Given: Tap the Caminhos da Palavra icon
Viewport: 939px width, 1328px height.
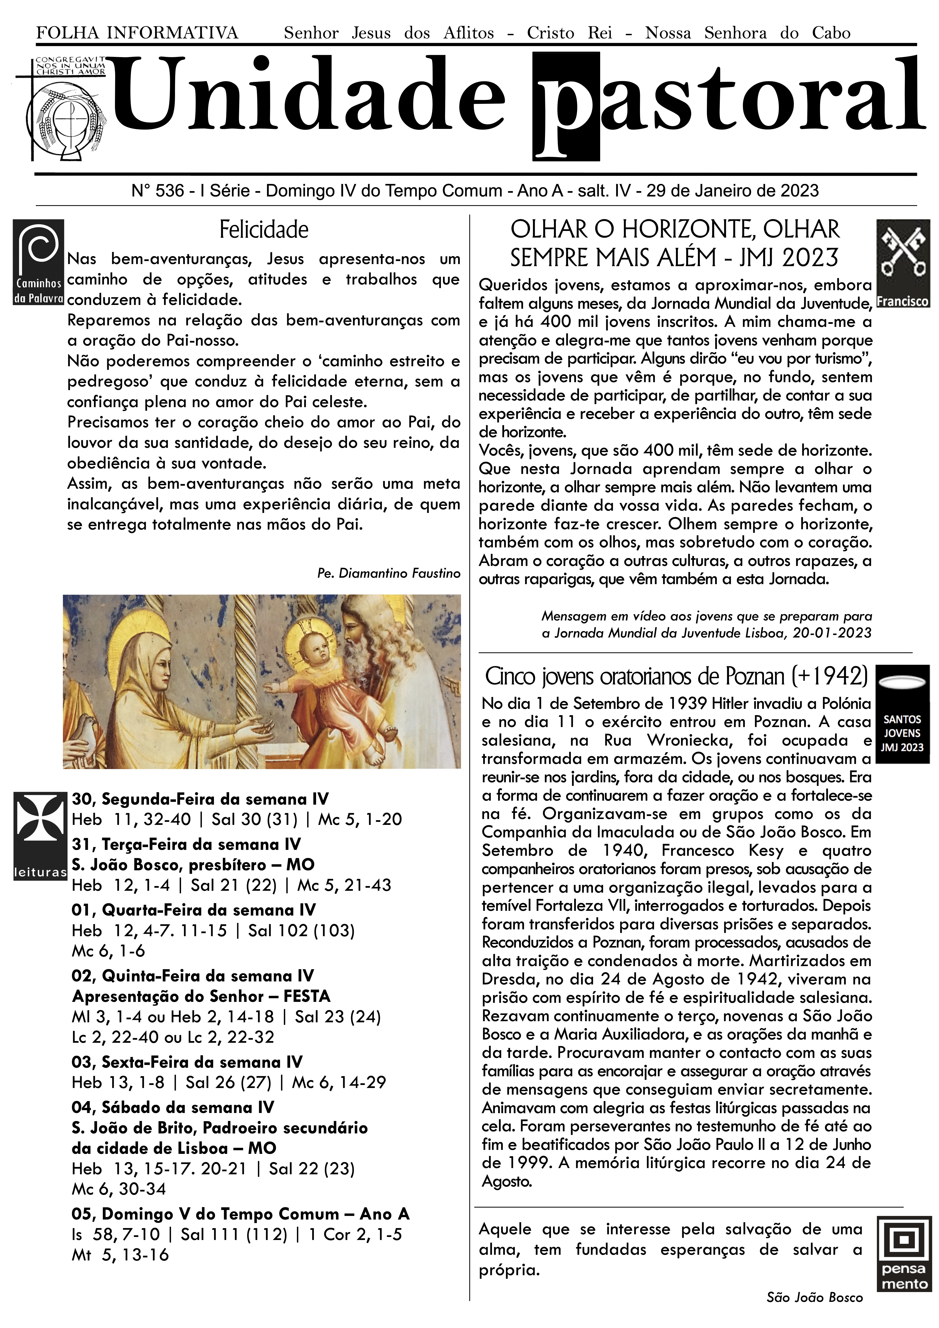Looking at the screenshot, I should (38, 262).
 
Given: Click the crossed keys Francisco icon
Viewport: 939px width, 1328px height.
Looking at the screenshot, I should (903, 263).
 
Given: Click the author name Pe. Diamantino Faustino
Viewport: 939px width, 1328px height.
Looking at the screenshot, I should (389, 573).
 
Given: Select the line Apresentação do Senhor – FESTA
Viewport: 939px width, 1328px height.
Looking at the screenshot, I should (201, 996).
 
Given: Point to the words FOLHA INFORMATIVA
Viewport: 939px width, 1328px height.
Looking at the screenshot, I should (137, 33).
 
